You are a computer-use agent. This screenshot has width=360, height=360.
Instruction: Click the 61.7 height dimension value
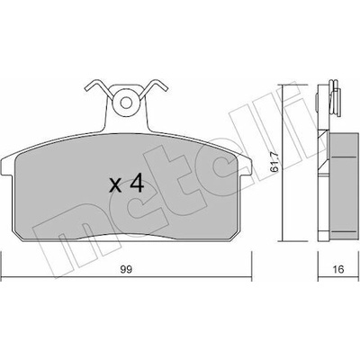(274, 162)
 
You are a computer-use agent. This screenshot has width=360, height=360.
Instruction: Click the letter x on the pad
(115, 185)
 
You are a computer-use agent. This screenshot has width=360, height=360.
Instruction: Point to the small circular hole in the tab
(126, 103)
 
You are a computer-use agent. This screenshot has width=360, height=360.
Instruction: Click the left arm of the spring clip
(97, 87)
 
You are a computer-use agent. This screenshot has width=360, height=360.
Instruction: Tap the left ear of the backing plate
(7, 166)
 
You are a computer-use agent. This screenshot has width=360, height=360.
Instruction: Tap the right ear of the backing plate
(245, 166)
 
